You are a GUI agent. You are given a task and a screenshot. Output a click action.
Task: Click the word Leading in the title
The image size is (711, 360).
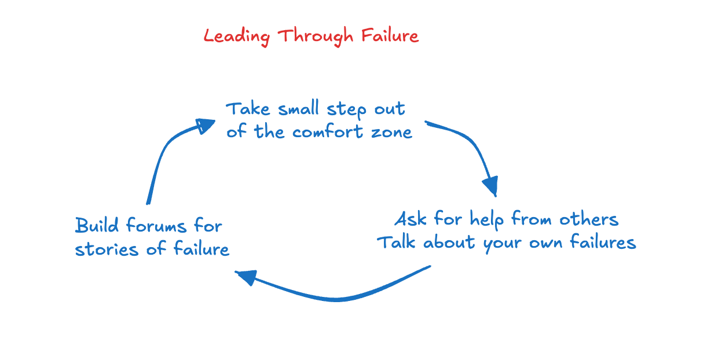click(236, 36)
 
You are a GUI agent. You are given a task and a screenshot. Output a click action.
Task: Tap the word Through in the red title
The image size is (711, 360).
click(316, 36)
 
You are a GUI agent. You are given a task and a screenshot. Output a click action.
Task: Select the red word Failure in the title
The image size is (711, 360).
click(390, 36)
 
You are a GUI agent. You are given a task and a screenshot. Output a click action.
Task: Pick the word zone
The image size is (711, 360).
click(391, 132)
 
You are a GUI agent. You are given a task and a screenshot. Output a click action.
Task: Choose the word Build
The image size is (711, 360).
click(97, 225)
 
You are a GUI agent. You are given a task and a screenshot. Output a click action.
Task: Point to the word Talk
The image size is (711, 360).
click(398, 242)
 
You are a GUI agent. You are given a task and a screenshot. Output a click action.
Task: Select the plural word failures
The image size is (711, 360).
click(602, 242)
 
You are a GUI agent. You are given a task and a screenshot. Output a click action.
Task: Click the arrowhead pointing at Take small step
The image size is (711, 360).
click(204, 125)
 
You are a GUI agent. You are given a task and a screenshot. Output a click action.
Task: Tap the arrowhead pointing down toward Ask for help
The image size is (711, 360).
click(490, 186)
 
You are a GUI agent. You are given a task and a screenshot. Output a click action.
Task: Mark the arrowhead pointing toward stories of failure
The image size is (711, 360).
click(245, 277)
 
